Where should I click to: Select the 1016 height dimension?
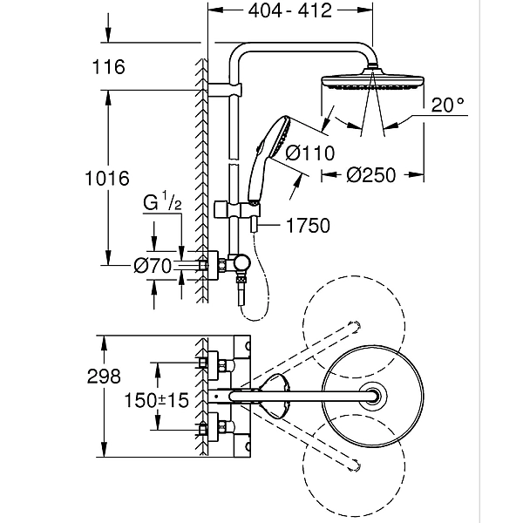[x=109, y=179]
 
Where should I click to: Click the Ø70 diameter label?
[x=153, y=268]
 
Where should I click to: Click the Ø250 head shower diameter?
[x=371, y=174]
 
